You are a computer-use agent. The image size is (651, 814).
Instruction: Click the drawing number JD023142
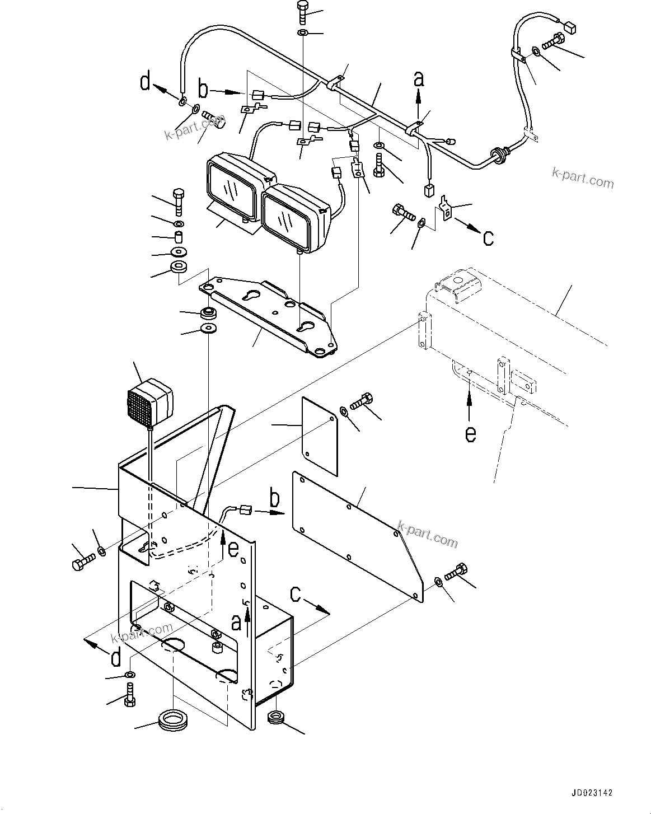[x=592, y=793]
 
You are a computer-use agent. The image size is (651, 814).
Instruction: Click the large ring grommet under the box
[x=173, y=719]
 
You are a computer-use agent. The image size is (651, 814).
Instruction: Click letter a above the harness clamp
[x=419, y=79]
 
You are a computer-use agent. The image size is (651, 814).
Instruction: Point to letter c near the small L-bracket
[x=488, y=238]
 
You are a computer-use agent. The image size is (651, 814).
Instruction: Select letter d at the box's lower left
[x=116, y=658]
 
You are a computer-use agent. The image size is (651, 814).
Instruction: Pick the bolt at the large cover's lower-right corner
[x=457, y=573]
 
